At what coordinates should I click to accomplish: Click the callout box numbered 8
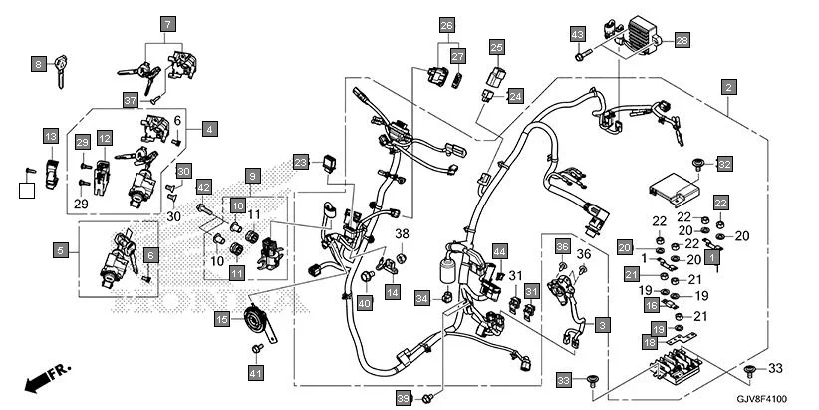click(39, 64)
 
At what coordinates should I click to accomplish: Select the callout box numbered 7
click(167, 23)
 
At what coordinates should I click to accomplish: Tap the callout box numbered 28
click(682, 40)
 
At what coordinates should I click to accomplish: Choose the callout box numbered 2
click(729, 87)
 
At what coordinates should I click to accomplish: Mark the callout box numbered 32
click(724, 163)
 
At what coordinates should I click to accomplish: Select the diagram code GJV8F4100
click(770, 396)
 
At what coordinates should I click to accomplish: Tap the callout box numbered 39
click(403, 398)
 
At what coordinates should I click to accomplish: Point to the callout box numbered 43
click(577, 35)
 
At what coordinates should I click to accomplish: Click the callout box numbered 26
click(446, 24)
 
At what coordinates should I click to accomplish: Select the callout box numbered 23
click(301, 162)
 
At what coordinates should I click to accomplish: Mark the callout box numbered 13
click(50, 135)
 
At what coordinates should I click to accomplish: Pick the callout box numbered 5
click(61, 251)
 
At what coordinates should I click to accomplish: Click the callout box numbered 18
click(649, 342)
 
